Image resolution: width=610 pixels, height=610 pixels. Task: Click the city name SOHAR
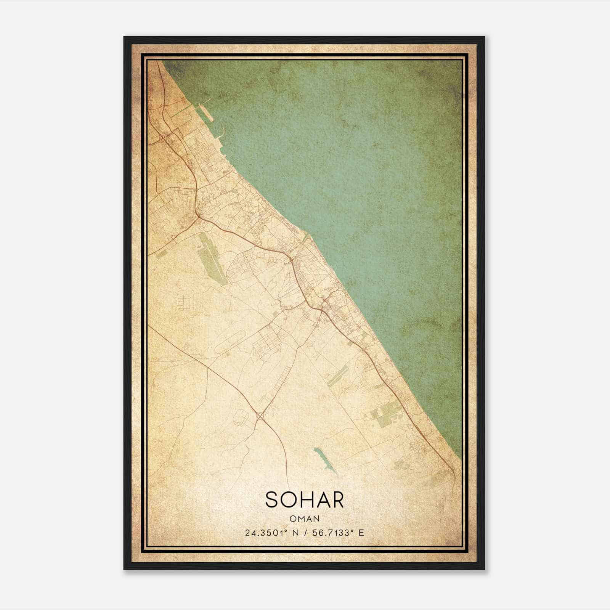click(304, 500)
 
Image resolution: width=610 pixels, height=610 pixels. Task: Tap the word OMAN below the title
click(304, 518)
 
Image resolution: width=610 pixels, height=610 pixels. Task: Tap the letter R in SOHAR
click(337, 500)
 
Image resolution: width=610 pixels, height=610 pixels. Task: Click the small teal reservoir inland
click(325, 460)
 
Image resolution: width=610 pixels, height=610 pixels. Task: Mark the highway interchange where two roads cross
click(260, 416)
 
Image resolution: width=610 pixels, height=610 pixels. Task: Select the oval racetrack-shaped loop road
click(231, 341)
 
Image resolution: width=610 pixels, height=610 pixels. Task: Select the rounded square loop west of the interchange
click(241, 418)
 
